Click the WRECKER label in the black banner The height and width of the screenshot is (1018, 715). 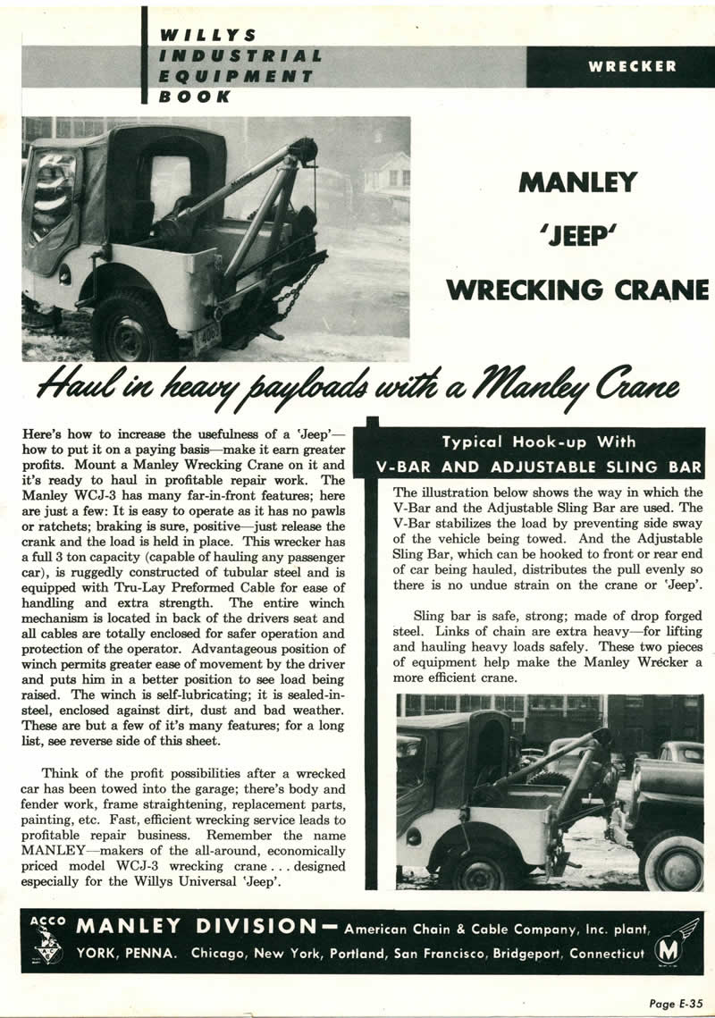click(632, 66)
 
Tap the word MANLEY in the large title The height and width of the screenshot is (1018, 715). click(578, 182)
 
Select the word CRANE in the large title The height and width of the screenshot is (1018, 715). click(658, 290)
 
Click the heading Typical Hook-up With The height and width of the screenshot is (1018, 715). click(539, 442)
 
